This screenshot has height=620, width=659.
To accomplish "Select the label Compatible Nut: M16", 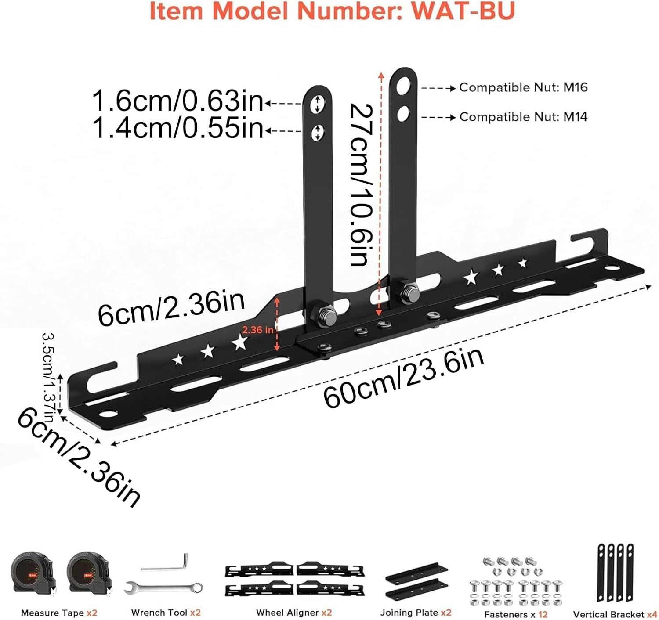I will click(523, 87).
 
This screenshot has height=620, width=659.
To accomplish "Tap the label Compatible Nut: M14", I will click(523, 117).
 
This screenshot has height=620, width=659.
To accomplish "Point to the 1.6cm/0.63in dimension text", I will click(177, 101).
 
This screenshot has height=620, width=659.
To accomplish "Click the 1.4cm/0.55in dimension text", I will click(177, 129).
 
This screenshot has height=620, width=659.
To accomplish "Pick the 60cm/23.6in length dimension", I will click(403, 378).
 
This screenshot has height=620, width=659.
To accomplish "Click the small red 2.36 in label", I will click(257, 330).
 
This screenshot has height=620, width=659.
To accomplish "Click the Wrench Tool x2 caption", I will click(166, 613).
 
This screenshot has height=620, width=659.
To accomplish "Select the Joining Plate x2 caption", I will click(416, 613).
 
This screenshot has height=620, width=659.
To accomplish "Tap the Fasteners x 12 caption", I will click(516, 614).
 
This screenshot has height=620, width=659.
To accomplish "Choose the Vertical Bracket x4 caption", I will click(615, 614).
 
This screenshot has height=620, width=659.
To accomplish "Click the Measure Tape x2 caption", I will click(59, 613).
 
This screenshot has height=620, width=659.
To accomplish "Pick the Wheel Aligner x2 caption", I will click(294, 613).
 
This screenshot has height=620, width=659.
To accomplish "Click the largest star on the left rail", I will click(240, 342).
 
